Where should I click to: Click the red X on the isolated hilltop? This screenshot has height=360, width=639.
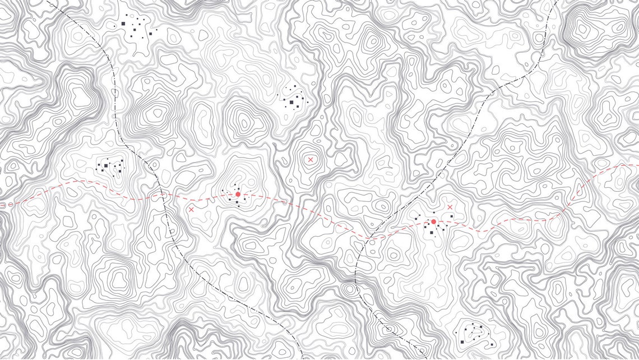click(x=310, y=160)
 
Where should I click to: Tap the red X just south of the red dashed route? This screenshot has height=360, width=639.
click(x=192, y=209)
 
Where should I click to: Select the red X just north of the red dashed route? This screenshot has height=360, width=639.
click(x=450, y=207)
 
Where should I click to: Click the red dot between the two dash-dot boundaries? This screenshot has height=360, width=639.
click(x=238, y=194)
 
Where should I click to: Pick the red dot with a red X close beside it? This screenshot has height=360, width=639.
click(x=433, y=222)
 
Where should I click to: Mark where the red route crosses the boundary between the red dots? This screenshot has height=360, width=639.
click(x=368, y=237)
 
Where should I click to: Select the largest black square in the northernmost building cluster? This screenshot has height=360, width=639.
click(x=123, y=24)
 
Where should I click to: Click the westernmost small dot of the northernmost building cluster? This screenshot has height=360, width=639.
click(x=116, y=26)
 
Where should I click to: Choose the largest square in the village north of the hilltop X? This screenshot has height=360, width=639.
click(x=292, y=103)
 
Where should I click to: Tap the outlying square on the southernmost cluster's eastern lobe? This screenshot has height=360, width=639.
click(x=492, y=344)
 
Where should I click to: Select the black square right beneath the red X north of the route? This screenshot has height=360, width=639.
click(x=451, y=216)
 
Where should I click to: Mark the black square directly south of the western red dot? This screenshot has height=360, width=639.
click(x=238, y=202)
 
